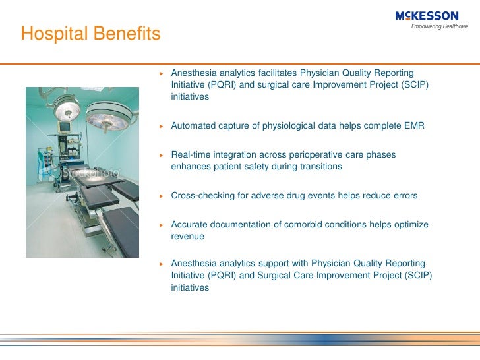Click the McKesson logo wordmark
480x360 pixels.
(x=427, y=16)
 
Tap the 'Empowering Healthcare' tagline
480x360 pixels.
(x=439, y=27)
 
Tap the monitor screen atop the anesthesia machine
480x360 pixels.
(x=65, y=125)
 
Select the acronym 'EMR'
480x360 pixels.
(x=414, y=125)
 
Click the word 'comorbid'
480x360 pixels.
(x=303, y=225)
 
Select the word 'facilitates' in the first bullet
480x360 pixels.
(x=276, y=72)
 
